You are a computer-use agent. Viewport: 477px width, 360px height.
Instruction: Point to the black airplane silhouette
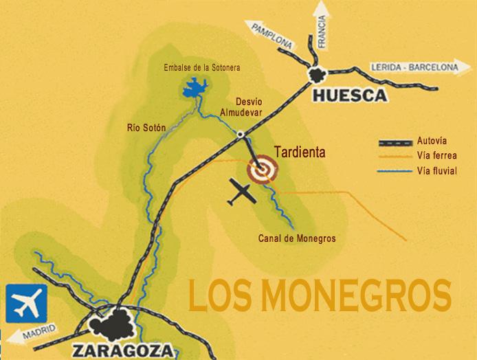[x=241, y=193]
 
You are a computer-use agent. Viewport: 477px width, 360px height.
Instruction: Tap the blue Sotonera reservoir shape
[x=197, y=87]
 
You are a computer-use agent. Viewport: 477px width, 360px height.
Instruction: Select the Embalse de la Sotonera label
[x=202, y=67]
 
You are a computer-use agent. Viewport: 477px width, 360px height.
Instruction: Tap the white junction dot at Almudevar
[x=241, y=133]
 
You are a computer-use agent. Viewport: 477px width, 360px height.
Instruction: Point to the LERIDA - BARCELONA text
[x=413, y=67]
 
